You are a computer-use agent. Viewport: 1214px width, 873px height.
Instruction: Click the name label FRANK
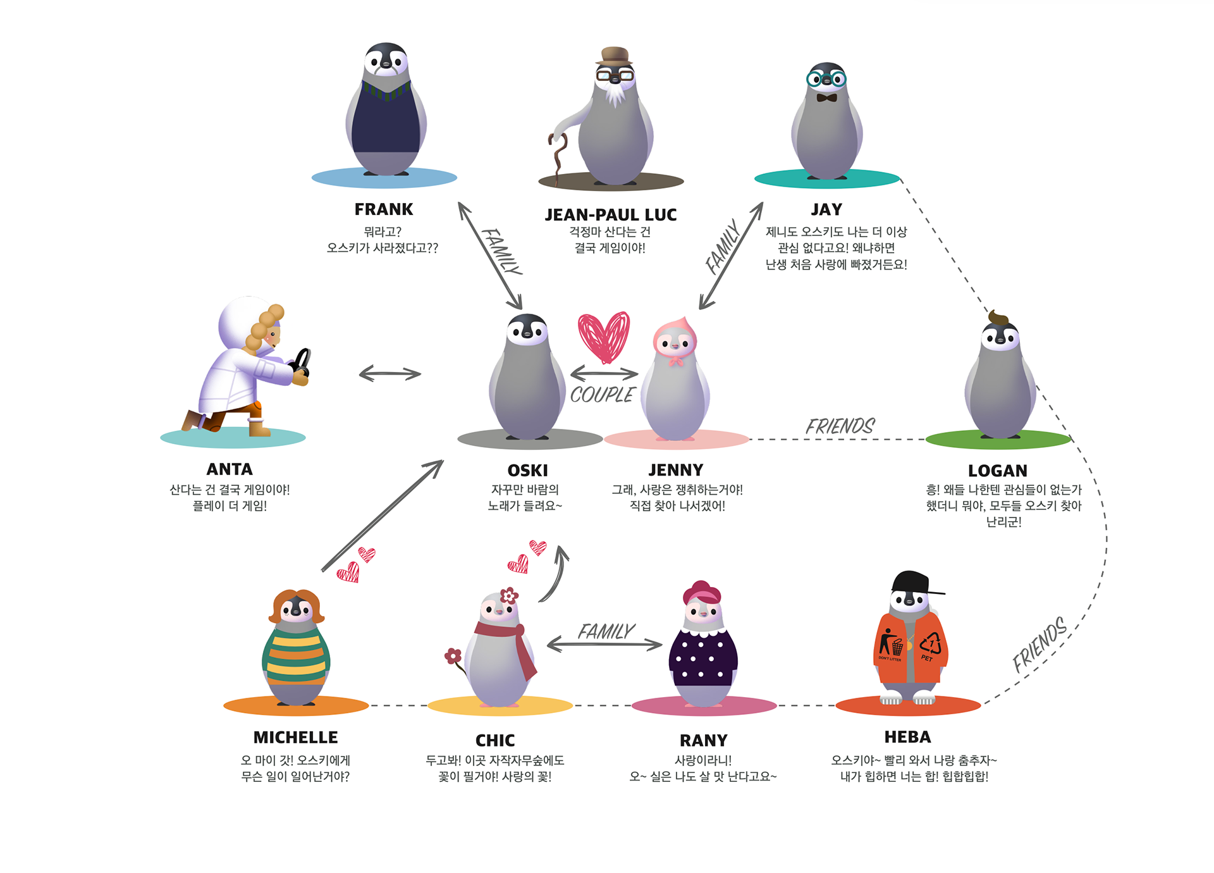click(383, 209)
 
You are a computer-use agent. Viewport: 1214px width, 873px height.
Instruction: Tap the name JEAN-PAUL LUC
click(610, 215)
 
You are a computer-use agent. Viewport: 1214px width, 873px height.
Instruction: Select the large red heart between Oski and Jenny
click(603, 336)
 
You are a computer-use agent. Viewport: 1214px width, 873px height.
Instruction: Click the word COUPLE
click(601, 395)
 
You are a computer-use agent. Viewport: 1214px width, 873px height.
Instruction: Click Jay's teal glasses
click(826, 79)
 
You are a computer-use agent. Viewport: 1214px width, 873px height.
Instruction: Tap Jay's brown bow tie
click(826, 98)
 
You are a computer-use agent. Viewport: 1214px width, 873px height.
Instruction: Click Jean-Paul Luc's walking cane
click(557, 158)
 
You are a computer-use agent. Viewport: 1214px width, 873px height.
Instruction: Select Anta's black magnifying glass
click(302, 362)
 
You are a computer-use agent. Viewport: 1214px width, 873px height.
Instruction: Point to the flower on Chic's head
click(509, 595)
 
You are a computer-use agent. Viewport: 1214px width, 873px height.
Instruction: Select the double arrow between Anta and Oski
click(389, 374)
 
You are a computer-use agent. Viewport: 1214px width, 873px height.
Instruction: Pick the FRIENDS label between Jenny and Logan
click(840, 426)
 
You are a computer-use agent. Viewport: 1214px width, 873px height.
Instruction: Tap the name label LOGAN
click(997, 471)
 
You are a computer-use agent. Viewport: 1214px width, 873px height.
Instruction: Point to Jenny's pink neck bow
click(677, 361)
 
